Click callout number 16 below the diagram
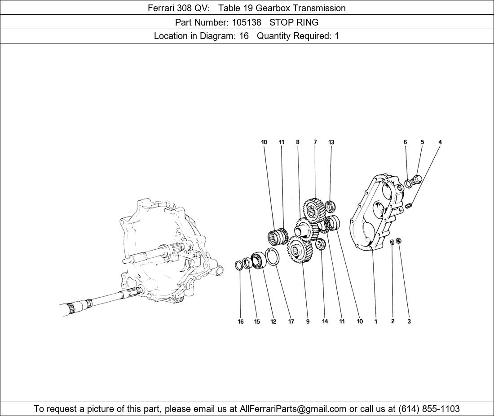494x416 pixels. pyautogui.click(x=241, y=321)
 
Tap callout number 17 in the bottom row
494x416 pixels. pyautogui.click(x=291, y=321)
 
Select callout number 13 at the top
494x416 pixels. pyautogui.click(x=331, y=142)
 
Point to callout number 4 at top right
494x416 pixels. pyautogui.click(x=440, y=142)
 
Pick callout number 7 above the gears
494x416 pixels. pyautogui.click(x=315, y=142)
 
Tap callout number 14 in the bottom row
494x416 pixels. pyautogui.click(x=325, y=321)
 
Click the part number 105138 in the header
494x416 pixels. pyautogui.click(x=247, y=22)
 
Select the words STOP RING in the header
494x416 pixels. pyautogui.click(x=294, y=22)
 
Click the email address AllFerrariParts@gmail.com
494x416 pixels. pyautogui.click(x=293, y=409)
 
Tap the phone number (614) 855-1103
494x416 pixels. pyautogui.click(x=429, y=409)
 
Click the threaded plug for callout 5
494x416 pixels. pyautogui.click(x=417, y=180)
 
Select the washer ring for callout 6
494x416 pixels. pyautogui.click(x=408, y=183)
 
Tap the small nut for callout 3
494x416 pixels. pyautogui.click(x=398, y=241)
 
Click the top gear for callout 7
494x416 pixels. pyautogui.click(x=314, y=209)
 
